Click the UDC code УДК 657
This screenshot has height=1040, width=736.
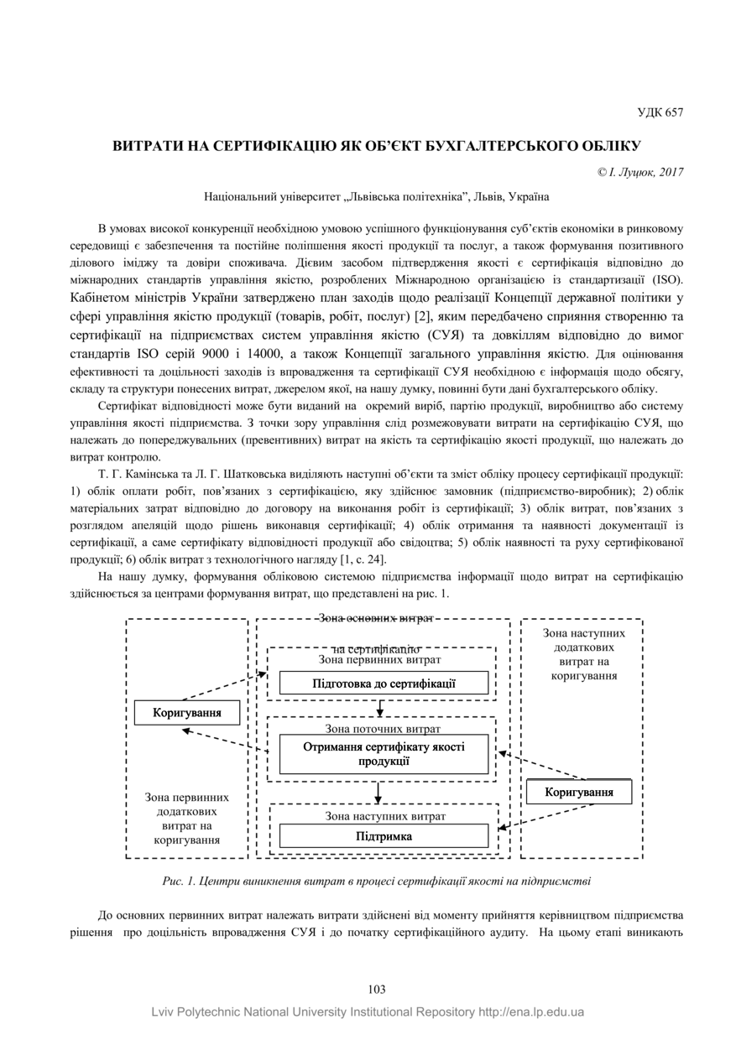(x=660, y=112)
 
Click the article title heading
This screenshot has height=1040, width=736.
(x=377, y=145)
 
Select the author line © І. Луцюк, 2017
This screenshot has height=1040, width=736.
(x=640, y=172)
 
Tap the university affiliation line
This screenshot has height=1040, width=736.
(x=377, y=197)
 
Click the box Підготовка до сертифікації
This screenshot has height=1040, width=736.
(x=384, y=683)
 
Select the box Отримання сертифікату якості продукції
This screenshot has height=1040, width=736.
(x=384, y=754)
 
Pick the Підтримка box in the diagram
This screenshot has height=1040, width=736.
(x=384, y=835)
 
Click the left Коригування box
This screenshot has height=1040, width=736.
(x=187, y=713)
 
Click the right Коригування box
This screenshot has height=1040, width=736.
(x=578, y=792)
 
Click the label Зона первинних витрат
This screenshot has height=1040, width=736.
(x=380, y=660)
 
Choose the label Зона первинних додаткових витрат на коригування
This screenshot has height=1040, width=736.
(x=186, y=818)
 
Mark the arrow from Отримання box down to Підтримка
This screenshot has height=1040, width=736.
(x=379, y=792)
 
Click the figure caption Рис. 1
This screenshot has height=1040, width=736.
(x=376, y=881)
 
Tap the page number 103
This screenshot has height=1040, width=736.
(x=377, y=990)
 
